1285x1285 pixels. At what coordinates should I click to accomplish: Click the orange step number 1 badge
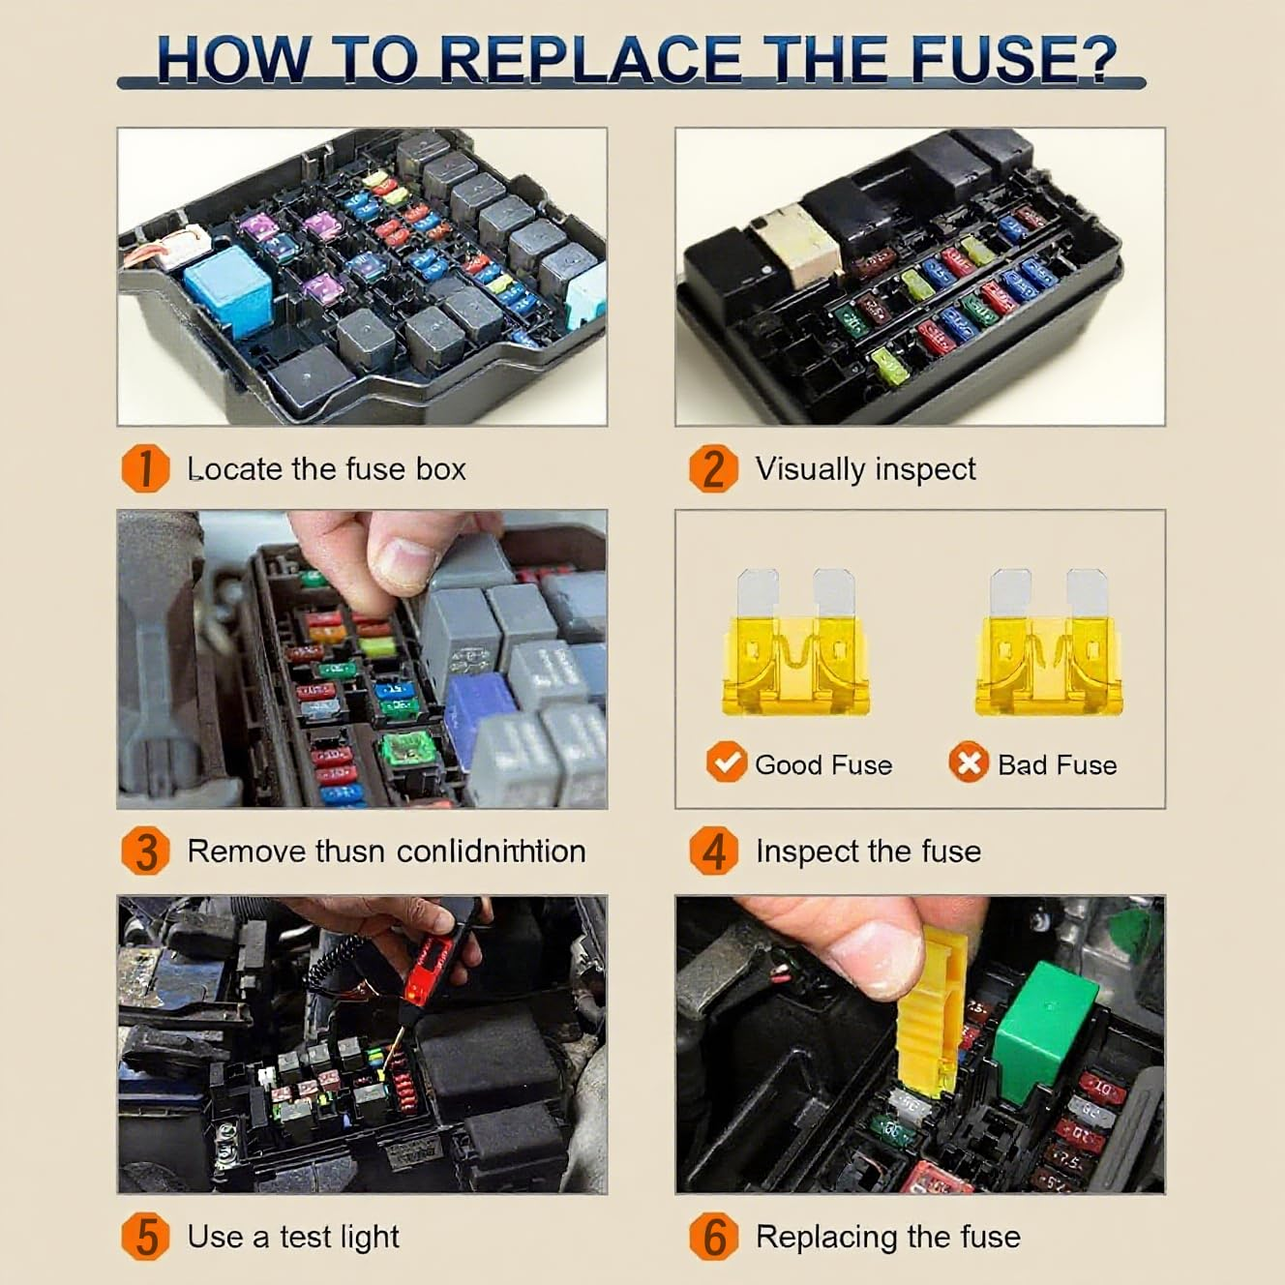tap(145, 468)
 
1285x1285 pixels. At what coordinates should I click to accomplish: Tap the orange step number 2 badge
tap(713, 468)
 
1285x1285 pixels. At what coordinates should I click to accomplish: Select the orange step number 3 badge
tap(145, 852)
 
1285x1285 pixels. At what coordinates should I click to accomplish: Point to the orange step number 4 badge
tap(713, 852)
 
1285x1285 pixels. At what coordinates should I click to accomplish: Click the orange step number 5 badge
tap(145, 1237)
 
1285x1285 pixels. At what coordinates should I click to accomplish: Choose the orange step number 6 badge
tap(713, 1237)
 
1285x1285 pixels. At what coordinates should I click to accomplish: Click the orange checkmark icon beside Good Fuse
tap(726, 763)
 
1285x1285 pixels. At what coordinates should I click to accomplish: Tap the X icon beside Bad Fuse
tap(968, 763)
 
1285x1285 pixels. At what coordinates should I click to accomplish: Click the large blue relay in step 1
tap(226, 291)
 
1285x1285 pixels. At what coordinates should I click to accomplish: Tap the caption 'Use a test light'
tap(292, 1237)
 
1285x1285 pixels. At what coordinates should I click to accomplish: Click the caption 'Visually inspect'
tap(865, 469)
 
